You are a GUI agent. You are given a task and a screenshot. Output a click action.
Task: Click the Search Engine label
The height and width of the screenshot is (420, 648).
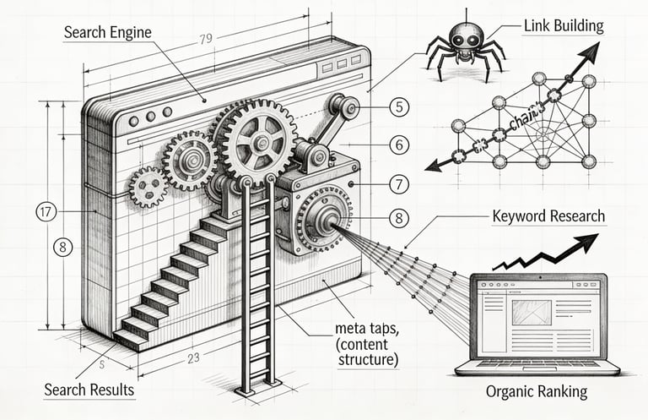[x=107, y=34]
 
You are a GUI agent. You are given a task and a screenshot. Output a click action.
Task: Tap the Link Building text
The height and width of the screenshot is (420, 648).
[x=564, y=25]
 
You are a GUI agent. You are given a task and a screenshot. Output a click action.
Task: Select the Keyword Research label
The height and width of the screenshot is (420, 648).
[x=548, y=216]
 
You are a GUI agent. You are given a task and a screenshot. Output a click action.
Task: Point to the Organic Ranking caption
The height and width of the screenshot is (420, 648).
[x=536, y=392]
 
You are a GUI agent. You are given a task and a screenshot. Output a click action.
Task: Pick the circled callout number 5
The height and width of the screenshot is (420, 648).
[x=400, y=107]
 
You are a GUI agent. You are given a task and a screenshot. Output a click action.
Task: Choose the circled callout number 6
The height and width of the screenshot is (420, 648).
[x=400, y=145]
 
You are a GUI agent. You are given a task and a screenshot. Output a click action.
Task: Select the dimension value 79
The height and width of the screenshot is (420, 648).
[x=205, y=39]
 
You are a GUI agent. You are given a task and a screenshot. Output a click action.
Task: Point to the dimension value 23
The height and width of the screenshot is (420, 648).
[x=193, y=357]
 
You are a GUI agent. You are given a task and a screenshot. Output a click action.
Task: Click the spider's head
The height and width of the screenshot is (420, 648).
[x=463, y=36]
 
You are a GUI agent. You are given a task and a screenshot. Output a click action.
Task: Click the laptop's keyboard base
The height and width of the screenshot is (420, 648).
[x=537, y=367]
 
